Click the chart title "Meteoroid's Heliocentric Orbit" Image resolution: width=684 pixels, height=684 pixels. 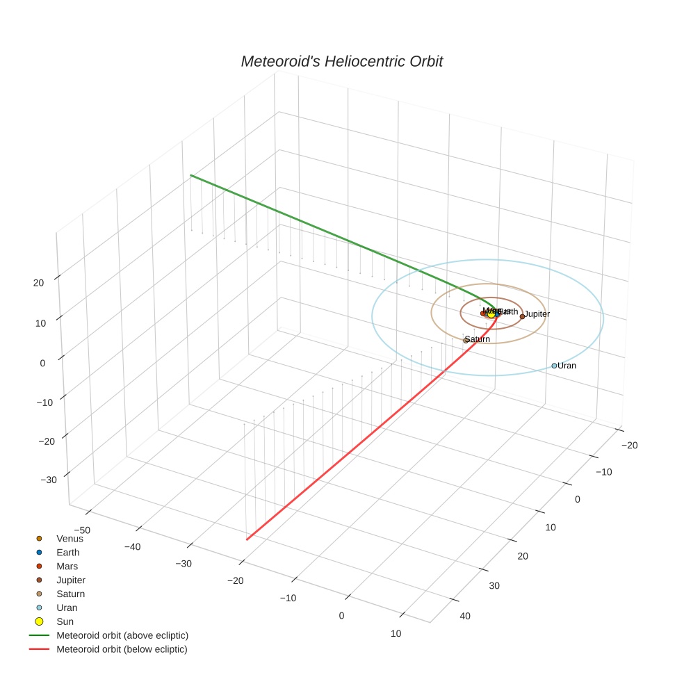click(x=341, y=61)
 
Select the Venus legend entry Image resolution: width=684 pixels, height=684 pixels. click(x=70, y=538)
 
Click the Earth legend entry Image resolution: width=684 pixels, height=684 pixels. click(x=67, y=552)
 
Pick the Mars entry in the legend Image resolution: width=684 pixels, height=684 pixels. click(x=67, y=566)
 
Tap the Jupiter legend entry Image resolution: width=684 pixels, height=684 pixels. click(x=71, y=580)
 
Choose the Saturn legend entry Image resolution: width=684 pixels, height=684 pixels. click(x=70, y=594)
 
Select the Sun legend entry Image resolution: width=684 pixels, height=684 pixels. click(x=65, y=621)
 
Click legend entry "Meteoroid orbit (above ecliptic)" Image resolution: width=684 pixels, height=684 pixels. click(x=122, y=635)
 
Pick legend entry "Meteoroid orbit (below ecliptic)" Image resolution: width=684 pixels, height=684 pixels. click(x=122, y=649)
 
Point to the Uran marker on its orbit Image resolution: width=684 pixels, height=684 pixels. click(x=554, y=366)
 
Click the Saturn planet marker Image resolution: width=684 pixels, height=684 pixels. click(x=466, y=341)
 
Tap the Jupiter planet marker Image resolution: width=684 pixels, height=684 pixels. click(x=522, y=316)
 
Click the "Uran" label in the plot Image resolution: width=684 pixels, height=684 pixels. click(x=567, y=366)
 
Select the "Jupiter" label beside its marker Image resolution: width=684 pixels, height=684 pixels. click(x=537, y=314)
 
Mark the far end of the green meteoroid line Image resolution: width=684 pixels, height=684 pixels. click(x=191, y=176)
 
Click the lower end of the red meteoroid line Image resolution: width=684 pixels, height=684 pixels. click(x=247, y=539)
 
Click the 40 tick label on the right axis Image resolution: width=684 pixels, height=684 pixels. click(x=465, y=616)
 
